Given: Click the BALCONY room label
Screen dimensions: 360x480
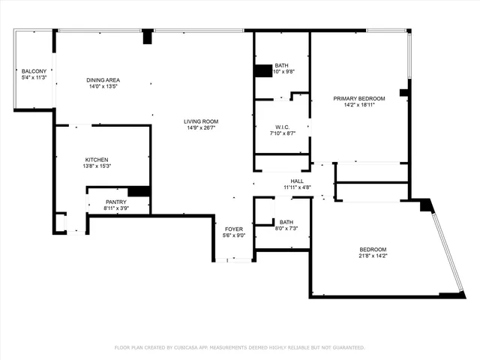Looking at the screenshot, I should [x=34, y=71].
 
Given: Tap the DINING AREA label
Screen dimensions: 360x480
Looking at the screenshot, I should [x=103, y=80].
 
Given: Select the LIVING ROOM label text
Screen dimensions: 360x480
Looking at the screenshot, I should [x=202, y=121].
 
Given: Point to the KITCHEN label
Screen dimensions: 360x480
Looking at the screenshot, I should [x=97, y=160].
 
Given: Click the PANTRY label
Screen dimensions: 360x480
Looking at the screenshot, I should [x=115, y=202].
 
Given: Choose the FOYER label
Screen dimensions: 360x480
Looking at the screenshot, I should [x=234, y=229].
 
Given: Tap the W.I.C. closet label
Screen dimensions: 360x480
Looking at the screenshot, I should [x=283, y=127].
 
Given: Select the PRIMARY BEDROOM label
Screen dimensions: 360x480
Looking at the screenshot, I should [x=359, y=99].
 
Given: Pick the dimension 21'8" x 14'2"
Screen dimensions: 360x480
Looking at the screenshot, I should [x=373, y=256].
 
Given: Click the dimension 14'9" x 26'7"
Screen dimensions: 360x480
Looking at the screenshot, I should [x=202, y=128].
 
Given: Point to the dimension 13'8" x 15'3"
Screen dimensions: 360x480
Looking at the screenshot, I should [x=97, y=166].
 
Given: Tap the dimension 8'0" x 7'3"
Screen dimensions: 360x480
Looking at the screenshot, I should [x=286, y=229].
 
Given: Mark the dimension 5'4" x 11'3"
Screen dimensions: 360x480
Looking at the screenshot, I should [x=34, y=78].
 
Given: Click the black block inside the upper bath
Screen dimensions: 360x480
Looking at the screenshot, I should [x=262, y=71].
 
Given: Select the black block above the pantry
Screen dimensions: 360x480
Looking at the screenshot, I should [x=139, y=191].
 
